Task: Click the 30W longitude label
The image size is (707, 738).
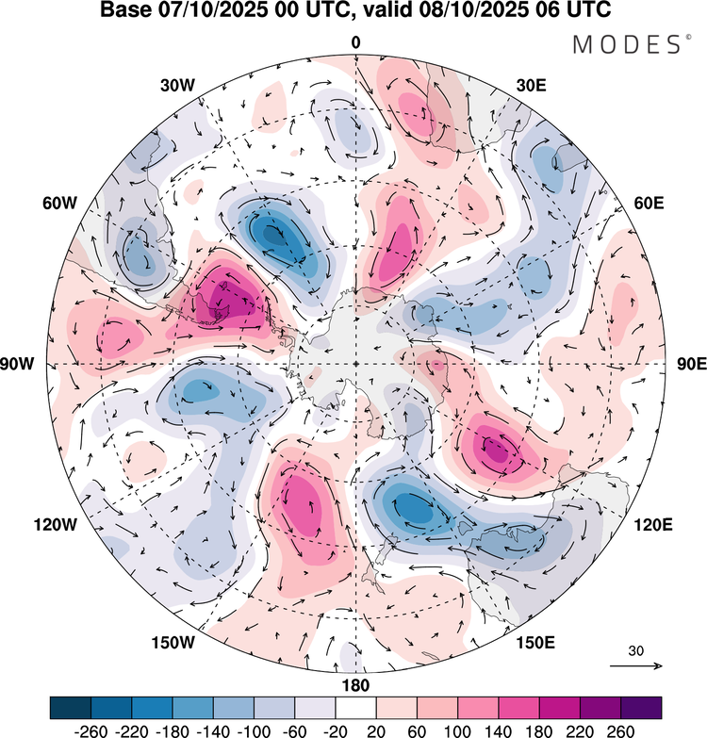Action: [177, 85]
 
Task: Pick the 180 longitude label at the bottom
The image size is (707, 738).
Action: [355, 684]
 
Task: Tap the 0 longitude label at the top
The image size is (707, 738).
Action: [355, 42]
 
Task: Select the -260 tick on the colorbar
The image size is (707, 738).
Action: [72, 729]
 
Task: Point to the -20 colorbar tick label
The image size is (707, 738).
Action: [316, 729]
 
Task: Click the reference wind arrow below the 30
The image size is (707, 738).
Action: [636, 665]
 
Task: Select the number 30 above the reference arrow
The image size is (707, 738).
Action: [636, 650]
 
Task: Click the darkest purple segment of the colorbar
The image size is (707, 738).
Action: [640, 707]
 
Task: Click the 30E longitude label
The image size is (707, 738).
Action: [533, 85]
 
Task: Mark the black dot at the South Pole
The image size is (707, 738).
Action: [355, 364]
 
